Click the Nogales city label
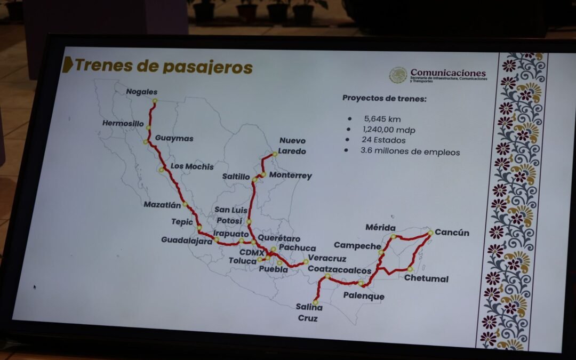(142, 92)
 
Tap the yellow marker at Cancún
(430, 233)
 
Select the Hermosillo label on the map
(123, 123)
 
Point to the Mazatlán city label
(162, 204)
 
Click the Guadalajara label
(186, 240)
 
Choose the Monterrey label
(290, 175)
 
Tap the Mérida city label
(380, 228)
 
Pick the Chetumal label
(426, 278)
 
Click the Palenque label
(363, 296)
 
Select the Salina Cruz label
(309, 313)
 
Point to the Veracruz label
(327, 259)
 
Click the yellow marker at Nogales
(155, 101)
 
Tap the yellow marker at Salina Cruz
(315, 302)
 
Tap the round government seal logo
(398, 75)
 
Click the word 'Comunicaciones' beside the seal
(447, 73)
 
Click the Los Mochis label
(192, 166)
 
